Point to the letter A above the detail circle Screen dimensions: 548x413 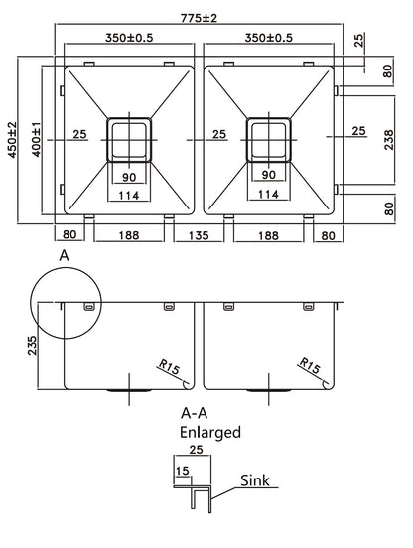tap(64, 255)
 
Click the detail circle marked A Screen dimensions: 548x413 tap(66, 302)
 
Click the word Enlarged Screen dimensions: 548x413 tap(209, 433)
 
